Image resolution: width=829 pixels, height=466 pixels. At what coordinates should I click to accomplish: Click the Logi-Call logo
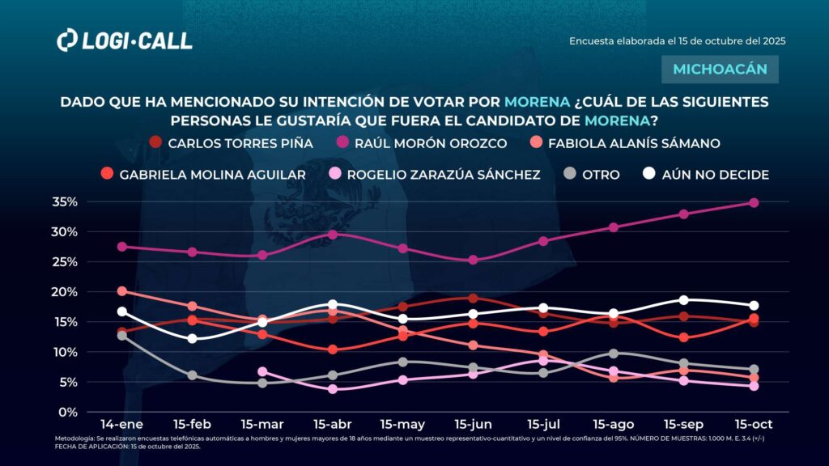(x=125, y=40)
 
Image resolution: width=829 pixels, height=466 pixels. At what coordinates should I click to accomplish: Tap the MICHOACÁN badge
(x=720, y=69)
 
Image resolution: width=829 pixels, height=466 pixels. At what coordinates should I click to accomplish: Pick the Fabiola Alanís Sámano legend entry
(x=624, y=143)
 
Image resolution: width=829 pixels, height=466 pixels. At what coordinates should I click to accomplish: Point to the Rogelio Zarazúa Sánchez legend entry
(x=434, y=174)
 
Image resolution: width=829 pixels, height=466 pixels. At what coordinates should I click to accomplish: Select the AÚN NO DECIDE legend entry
(x=704, y=174)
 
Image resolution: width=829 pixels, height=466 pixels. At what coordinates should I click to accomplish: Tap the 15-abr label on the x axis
(x=332, y=424)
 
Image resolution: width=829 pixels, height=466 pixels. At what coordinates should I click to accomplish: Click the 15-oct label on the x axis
(x=753, y=424)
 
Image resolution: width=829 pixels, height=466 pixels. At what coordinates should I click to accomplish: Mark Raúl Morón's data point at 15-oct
(x=753, y=203)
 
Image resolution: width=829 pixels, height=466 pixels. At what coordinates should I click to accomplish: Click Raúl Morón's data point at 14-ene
(x=122, y=247)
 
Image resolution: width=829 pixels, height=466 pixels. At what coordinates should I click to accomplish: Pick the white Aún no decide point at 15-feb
(x=192, y=338)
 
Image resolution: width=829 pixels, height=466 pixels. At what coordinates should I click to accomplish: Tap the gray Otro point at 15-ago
(x=613, y=354)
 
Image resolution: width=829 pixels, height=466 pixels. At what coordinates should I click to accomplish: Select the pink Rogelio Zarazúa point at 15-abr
(x=332, y=389)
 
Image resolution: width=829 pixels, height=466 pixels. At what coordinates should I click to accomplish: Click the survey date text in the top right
(x=678, y=40)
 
